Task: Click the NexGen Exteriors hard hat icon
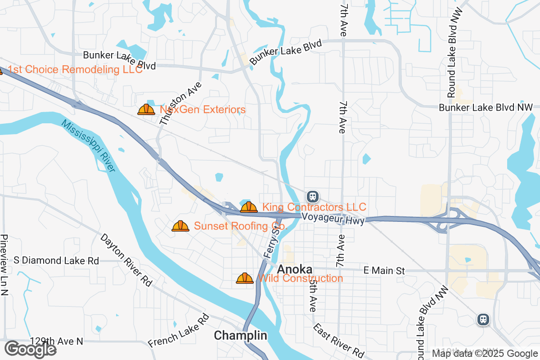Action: pos(146,109)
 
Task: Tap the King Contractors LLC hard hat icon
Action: pos(248,207)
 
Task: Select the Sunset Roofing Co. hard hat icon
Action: pos(180,226)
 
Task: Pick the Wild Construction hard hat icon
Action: pos(245,278)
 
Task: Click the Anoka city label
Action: pos(295,270)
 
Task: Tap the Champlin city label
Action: pos(240,336)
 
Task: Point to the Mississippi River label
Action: pos(89,146)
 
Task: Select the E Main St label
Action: pos(384,271)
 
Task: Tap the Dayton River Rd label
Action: pos(126,260)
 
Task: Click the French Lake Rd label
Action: pos(179,331)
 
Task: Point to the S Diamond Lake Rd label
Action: pos(56,261)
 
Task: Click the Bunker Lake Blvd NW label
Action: pos(486,108)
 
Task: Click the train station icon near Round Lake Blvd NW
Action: pos(483,319)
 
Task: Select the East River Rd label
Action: pos(338,341)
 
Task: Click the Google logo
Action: pos(31,349)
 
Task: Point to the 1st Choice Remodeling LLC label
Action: pos(75,69)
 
